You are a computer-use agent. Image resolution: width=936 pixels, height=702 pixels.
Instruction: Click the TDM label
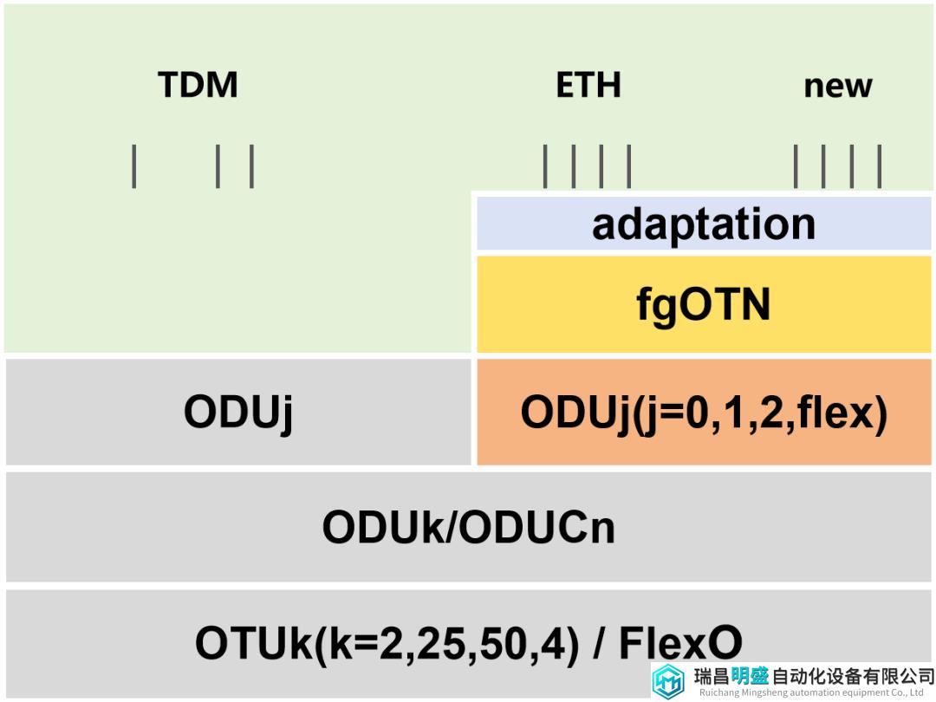click(198, 84)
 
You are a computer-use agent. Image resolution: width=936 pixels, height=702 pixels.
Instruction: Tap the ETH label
click(588, 84)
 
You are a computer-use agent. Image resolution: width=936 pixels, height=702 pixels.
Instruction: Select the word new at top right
click(838, 87)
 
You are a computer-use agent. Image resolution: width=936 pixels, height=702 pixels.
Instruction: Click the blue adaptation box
click(704, 224)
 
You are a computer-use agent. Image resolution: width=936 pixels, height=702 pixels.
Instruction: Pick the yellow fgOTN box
click(704, 304)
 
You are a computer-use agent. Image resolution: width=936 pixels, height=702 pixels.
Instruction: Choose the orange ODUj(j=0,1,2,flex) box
click(704, 412)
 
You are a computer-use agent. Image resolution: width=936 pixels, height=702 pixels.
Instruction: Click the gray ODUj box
click(238, 412)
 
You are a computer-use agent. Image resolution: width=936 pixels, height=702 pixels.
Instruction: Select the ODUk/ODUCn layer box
click(469, 527)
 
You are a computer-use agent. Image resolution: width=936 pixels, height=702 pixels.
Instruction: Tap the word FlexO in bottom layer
click(680, 643)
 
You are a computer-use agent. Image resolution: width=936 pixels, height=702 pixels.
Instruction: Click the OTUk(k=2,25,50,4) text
click(387, 644)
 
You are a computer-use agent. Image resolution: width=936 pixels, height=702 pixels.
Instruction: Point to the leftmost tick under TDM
click(133, 166)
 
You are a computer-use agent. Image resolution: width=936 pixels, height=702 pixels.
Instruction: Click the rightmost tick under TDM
click(251, 166)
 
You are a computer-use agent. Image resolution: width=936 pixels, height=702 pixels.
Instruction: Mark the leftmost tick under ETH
click(545, 166)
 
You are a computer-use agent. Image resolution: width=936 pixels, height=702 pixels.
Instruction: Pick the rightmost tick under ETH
click(628, 166)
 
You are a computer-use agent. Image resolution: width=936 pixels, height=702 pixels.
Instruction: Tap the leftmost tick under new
click(796, 166)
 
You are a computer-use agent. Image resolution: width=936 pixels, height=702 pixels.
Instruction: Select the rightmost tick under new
click(880, 166)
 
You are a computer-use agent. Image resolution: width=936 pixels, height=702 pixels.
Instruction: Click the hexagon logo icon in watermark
click(668, 681)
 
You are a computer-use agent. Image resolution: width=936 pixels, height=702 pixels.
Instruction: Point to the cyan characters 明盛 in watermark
click(750, 676)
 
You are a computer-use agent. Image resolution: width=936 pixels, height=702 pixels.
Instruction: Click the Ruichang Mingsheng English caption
click(811, 693)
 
